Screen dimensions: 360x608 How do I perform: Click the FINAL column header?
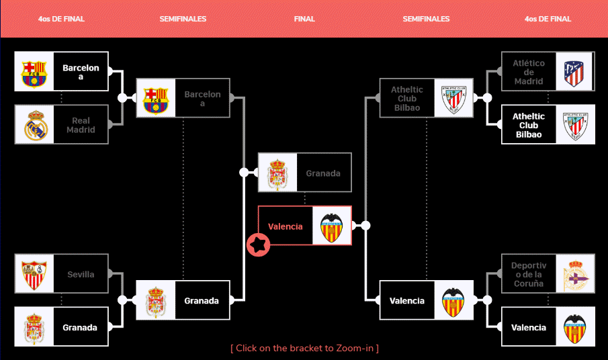pyautogui.click(x=304, y=19)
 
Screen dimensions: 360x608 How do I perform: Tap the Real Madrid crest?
pyautogui.click(x=34, y=125)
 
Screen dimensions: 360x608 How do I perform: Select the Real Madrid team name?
pyautogui.click(x=81, y=125)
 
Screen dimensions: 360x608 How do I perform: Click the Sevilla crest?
pyautogui.click(x=34, y=274)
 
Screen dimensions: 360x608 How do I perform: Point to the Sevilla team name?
pyautogui.click(x=81, y=274)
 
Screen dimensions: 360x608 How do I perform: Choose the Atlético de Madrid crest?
pyautogui.click(x=574, y=72)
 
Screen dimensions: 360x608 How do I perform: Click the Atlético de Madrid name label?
pyautogui.click(x=529, y=72)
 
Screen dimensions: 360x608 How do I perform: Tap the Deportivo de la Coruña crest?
pyautogui.click(x=574, y=274)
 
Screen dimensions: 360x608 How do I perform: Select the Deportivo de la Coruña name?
pyautogui.click(x=529, y=274)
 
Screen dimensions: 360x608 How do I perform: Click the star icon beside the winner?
pyautogui.click(x=257, y=245)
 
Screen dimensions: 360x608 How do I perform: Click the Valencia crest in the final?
pyautogui.click(x=332, y=226)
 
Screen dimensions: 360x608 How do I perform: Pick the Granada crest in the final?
pyautogui.click(x=277, y=173)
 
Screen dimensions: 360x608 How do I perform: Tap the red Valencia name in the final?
pyautogui.click(x=286, y=226)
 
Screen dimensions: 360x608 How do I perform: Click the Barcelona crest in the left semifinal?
pyautogui.click(x=156, y=99)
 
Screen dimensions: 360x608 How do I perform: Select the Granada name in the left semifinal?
pyautogui.click(x=202, y=300)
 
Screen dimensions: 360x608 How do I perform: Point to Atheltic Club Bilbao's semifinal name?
pyautogui.click(x=406, y=99)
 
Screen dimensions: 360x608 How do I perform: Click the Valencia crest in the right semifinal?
pyautogui.click(x=453, y=300)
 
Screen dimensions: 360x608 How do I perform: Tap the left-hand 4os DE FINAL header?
pyautogui.click(x=61, y=19)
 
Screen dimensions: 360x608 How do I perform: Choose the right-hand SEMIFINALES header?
pyautogui.click(x=426, y=19)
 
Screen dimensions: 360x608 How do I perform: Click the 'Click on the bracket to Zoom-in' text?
pyautogui.click(x=304, y=348)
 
